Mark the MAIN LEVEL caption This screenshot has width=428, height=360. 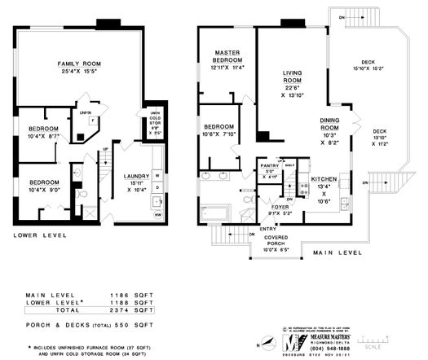[x=337, y=252]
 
